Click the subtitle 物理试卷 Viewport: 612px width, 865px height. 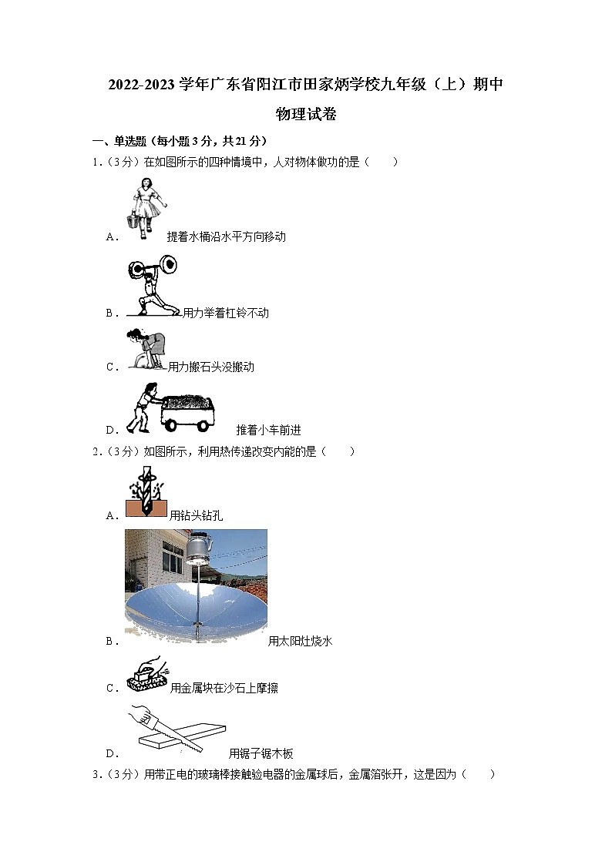(306, 114)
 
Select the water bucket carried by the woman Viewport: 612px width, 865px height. (133, 220)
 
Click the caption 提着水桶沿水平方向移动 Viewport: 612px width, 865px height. (227, 236)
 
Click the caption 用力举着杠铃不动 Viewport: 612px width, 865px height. (226, 313)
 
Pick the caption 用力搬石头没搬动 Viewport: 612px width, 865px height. (211, 367)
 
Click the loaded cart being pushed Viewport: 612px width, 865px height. (187, 412)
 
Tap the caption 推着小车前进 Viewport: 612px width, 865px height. (269, 430)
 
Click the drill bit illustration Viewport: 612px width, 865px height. (146, 491)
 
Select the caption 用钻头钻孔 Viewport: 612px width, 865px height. (196, 515)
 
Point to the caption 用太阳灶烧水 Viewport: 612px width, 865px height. (300, 641)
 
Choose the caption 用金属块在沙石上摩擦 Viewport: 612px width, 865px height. (224, 688)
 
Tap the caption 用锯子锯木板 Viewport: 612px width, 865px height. (261, 753)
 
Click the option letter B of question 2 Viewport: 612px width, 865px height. (109, 642)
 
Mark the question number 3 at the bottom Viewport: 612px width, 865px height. (96, 775)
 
